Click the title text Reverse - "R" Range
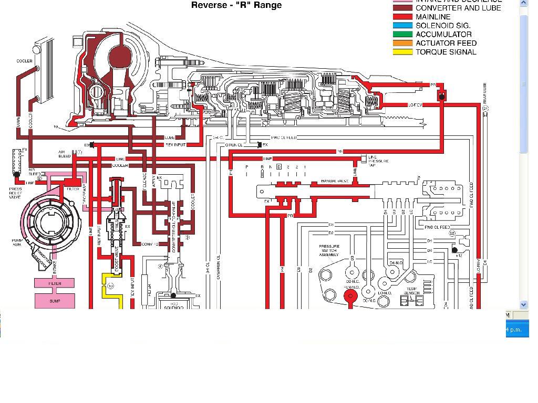[x=236, y=5]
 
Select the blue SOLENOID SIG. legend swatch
[x=402, y=25]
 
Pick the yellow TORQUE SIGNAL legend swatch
[x=402, y=52]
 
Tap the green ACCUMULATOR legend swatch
[x=402, y=34]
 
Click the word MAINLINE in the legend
[x=433, y=17]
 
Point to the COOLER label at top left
[x=24, y=61]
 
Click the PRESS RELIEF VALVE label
[x=16, y=193]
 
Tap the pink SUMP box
[x=55, y=301]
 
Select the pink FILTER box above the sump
[x=55, y=283]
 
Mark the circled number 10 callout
[x=110, y=286]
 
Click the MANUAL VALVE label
[x=335, y=182]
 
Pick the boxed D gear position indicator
[x=279, y=167]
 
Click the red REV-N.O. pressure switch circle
[x=350, y=296]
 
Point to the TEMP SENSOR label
[x=412, y=291]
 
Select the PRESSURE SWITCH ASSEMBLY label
[x=329, y=250]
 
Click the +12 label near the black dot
[x=459, y=255]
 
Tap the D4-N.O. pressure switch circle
[x=392, y=272]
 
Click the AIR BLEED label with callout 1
[x=65, y=154]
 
